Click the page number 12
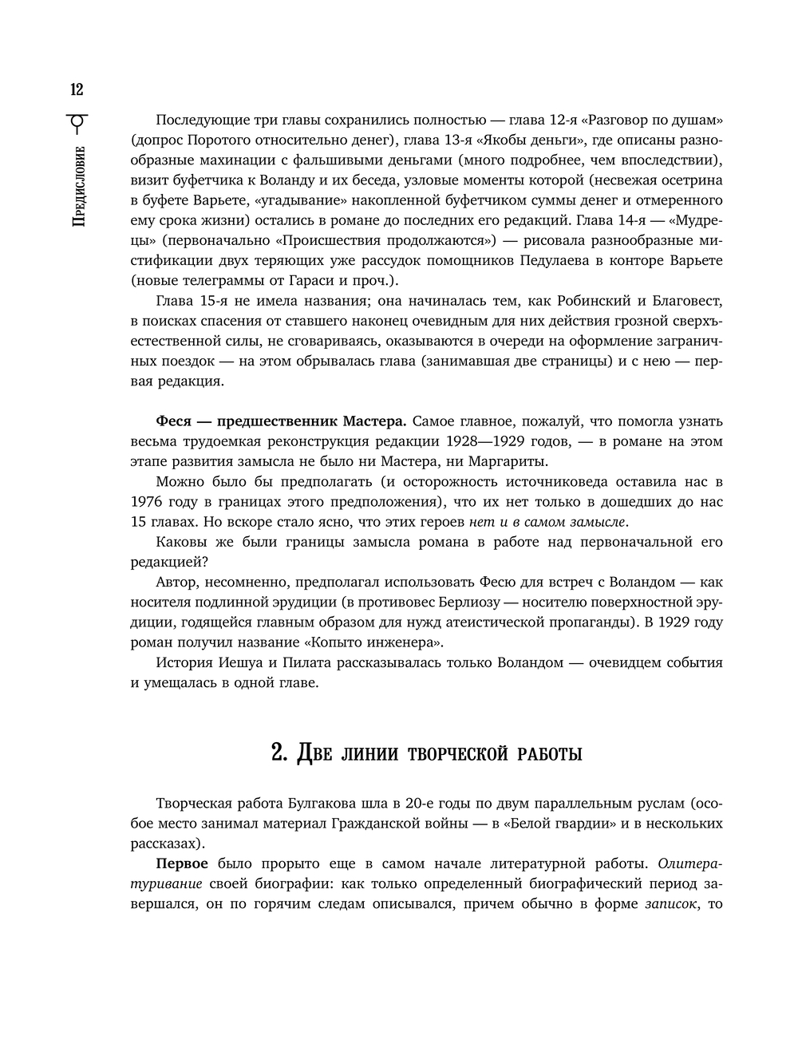pyautogui.click(x=77, y=89)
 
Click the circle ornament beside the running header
pyautogui.click(x=77, y=121)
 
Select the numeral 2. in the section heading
pyautogui.click(x=279, y=753)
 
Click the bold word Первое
pyautogui.click(x=182, y=863)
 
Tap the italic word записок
pyautogui.click(x=671, y=903)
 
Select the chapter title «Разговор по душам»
pyautogui.click(x=652, y=120)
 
